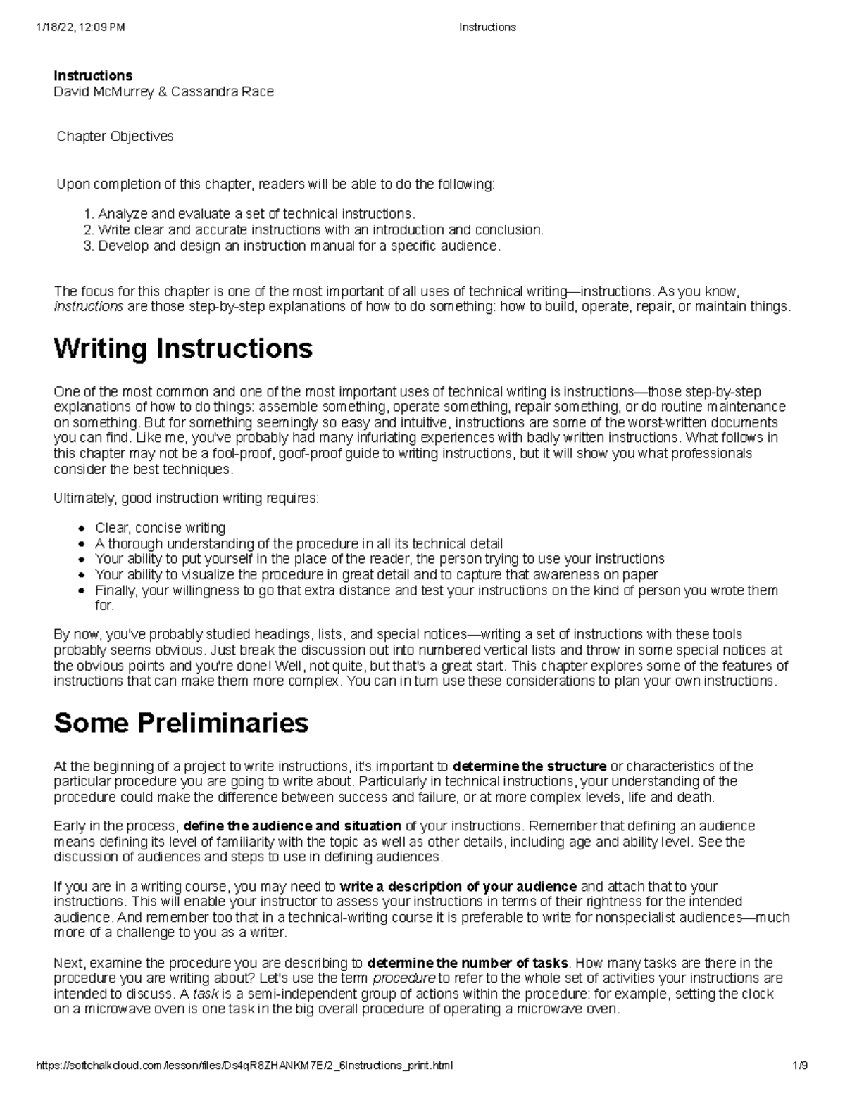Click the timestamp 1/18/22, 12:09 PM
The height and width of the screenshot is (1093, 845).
pyautogui.click(x=79, y=27)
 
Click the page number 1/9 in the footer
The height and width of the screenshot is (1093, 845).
pyautogui.click(x=799, y=1066)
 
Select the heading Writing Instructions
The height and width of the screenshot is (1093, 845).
pyautogui.click(x=183, y=348)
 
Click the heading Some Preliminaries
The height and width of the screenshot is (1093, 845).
pyautogui.click(x=181, y=723)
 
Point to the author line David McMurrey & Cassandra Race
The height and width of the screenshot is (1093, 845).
pyautogui.click(x=163, y=91)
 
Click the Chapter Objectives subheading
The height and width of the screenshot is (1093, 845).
pyautogui.click(x=115, y=137)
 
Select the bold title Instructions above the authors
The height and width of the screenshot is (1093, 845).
pyautogui.click(x=93, y=75)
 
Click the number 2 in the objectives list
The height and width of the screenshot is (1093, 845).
pyautogui.click(x=87, y=230)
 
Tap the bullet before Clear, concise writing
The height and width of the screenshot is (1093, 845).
pyautogui.click(x=82, y=529)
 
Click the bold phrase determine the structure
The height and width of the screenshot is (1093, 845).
pyautogui.click(x=529, y=766)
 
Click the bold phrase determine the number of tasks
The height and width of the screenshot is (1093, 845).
pyautogui.click(x=467, y=963)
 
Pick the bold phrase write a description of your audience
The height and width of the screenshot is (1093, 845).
pyautogui.click(x=458, y=887)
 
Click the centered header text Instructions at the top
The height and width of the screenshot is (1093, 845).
pyautogui.click(x=487, y=27)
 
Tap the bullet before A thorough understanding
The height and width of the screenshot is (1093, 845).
pyautogui.click(x=82, y=544)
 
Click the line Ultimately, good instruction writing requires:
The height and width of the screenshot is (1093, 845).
pyautogui.click(x=186, y=499)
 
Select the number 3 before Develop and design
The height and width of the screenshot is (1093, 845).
pyautogui.click(x=87, y=246)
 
